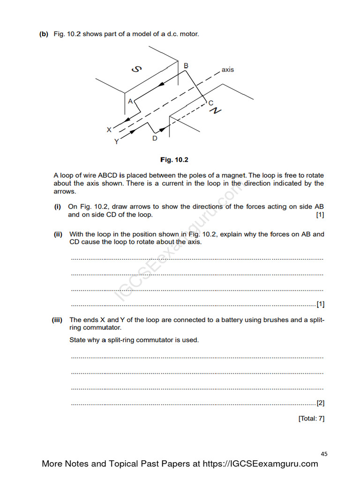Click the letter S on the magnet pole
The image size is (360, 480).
(x=136, y=69)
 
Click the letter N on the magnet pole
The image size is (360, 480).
(x=215, y=110)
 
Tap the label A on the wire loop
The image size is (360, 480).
(x=130, y=100)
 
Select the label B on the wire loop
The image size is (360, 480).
(x=186, y=66)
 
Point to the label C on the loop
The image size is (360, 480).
(x=210, y=103)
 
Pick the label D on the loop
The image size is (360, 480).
(x=155, y=138)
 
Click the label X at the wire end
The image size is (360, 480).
(x=109, y=129)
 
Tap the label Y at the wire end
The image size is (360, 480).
(x=117, y=141)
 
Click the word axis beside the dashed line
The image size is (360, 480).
(x=228, y=69)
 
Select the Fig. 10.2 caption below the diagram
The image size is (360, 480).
(x=174, y=160)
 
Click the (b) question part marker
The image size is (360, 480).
(x=44, y=34)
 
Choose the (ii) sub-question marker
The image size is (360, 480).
(x=58, y=234)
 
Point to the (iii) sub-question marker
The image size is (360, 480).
(x=57, y=320)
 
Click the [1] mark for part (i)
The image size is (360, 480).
(x=320, y=215)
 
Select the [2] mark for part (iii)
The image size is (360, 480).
(x=321, y=403)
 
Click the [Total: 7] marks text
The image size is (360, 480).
(x=311, y=419)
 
